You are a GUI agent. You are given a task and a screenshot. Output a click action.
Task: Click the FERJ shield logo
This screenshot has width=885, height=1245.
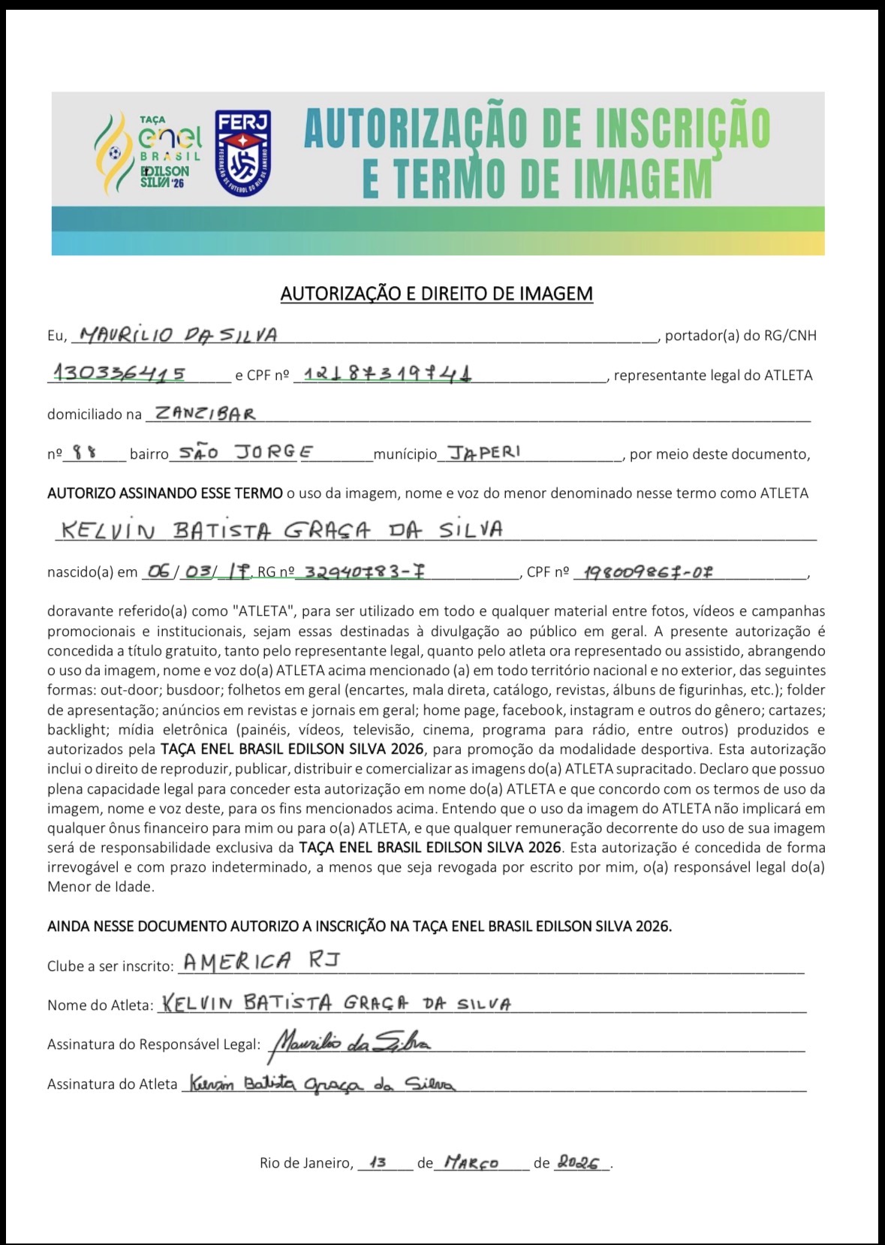pyautogui.click(x=242, y=152)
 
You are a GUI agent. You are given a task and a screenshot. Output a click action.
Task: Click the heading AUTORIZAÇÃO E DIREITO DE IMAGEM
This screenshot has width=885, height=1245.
pyautogui.click(x=436, y=294)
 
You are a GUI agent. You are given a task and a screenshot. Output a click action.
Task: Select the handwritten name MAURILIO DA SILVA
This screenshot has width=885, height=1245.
pyautogui.click(x=179, y=335)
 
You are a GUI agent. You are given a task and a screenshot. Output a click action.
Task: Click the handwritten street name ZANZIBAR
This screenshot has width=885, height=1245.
pyautogui.click(x=203, y=413)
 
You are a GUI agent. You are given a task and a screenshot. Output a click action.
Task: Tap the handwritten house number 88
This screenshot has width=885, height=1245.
pyautogui.click(x=84, y=453)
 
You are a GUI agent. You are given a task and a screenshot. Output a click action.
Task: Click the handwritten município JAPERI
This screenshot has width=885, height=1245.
pyautogui.click(x=483, y=452)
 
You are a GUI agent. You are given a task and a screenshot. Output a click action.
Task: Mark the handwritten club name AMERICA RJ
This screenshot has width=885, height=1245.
pyautogui.click(x=261, y=961)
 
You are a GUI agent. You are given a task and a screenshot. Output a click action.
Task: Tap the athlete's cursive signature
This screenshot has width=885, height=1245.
pyautogui.click(x=321, y=1084)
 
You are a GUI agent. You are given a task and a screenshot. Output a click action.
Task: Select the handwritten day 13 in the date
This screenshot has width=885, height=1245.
pyautogui.click(x=378, y=1162)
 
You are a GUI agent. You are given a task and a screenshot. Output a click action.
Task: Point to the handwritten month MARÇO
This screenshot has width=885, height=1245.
pyautogui.click(x=471, y=1162)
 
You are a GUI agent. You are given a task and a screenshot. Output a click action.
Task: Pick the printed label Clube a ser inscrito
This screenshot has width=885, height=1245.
pyautogui.click(x=110, y=966)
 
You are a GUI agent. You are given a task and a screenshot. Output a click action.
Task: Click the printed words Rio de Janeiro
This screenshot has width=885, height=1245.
pyautogui.click(x=306, y=1163)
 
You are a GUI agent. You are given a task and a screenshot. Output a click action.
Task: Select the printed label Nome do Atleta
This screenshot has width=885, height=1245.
pyautogui.click(x=101, y=1005)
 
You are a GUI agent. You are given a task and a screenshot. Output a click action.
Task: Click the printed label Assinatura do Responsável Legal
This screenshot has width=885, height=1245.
pyautogui.click(x=154, y=1045)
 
